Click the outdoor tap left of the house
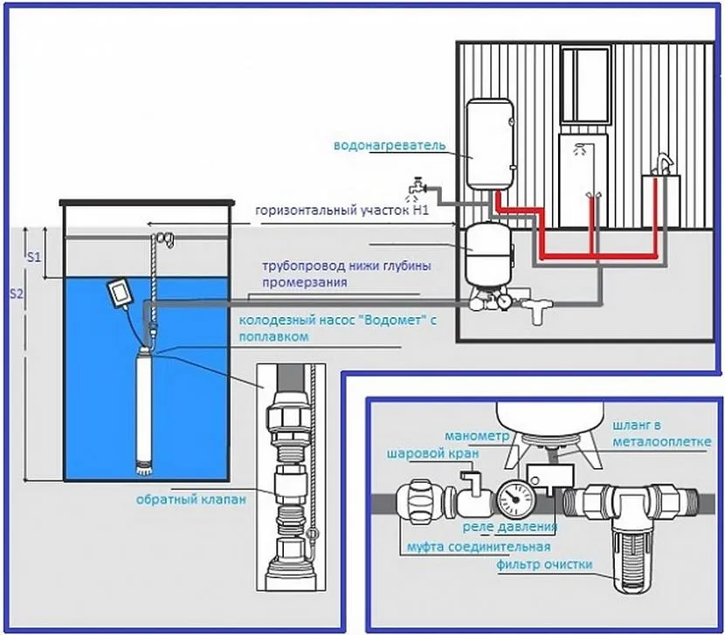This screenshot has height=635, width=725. tap(418, 186)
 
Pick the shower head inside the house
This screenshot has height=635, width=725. tap(579, 149)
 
